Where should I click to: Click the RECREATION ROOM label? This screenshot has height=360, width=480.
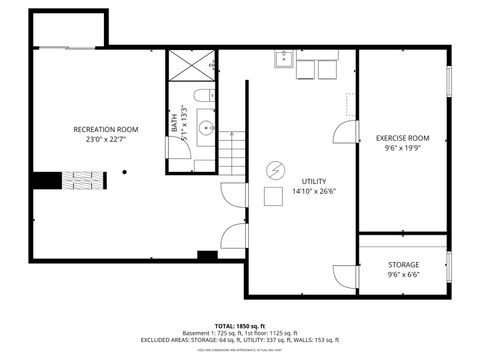point(105,130)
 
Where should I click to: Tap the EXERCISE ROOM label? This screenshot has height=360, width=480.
point(402,138)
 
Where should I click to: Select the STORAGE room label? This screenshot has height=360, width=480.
point(404,265)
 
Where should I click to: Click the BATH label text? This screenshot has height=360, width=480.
point(174,124)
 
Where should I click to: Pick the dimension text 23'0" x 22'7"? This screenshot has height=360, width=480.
point(105,141)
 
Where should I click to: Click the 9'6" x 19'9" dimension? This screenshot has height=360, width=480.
point(402,149)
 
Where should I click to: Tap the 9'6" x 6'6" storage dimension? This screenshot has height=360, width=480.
point(404,276)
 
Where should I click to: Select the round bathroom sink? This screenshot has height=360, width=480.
point(206,127)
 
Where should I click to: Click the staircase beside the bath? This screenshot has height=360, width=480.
point(233,151)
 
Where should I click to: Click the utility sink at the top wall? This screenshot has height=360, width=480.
point(283,60)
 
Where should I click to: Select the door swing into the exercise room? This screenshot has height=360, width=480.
point(345,129)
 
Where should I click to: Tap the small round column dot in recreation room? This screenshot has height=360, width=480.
point(124,172)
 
